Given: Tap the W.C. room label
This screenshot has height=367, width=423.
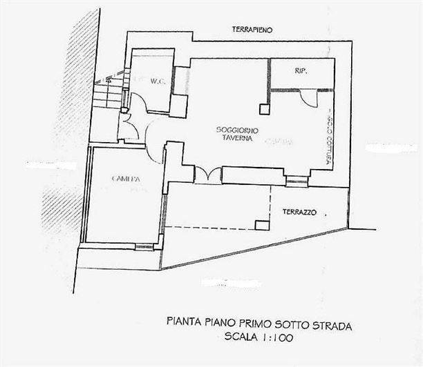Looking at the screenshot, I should tap(156, 81).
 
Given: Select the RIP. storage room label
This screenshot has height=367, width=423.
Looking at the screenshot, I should tap(300, 71).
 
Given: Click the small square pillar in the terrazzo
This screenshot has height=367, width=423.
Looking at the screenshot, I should tap(261, 224).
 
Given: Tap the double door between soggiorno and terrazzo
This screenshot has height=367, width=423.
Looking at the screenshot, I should tap(208, 175).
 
